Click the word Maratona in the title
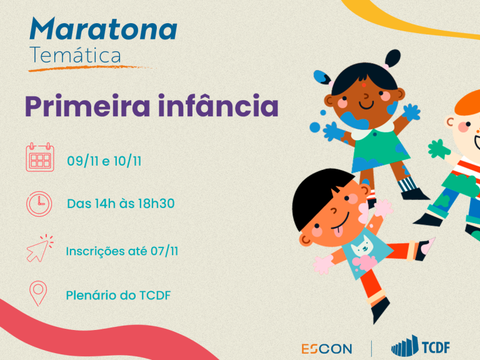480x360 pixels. coord(104,29)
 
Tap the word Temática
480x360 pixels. coord(75,55)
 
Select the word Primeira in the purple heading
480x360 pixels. coord(87,106)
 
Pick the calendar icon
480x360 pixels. coord(40,157)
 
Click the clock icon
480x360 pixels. coord(39,204)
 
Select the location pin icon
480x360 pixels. coord(38,293)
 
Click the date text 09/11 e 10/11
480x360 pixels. coord(104,161)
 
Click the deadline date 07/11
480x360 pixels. coord(164,251)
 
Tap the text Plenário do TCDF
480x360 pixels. coord(119,296)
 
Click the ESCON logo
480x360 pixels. coord(327,349)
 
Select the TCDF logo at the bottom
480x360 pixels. coord(421,346)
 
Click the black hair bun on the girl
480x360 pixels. coord(393,58)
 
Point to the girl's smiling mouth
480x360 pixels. coord(366,106)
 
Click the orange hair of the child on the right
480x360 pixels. coord(467,102)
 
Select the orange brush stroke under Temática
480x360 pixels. coord(90,68)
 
